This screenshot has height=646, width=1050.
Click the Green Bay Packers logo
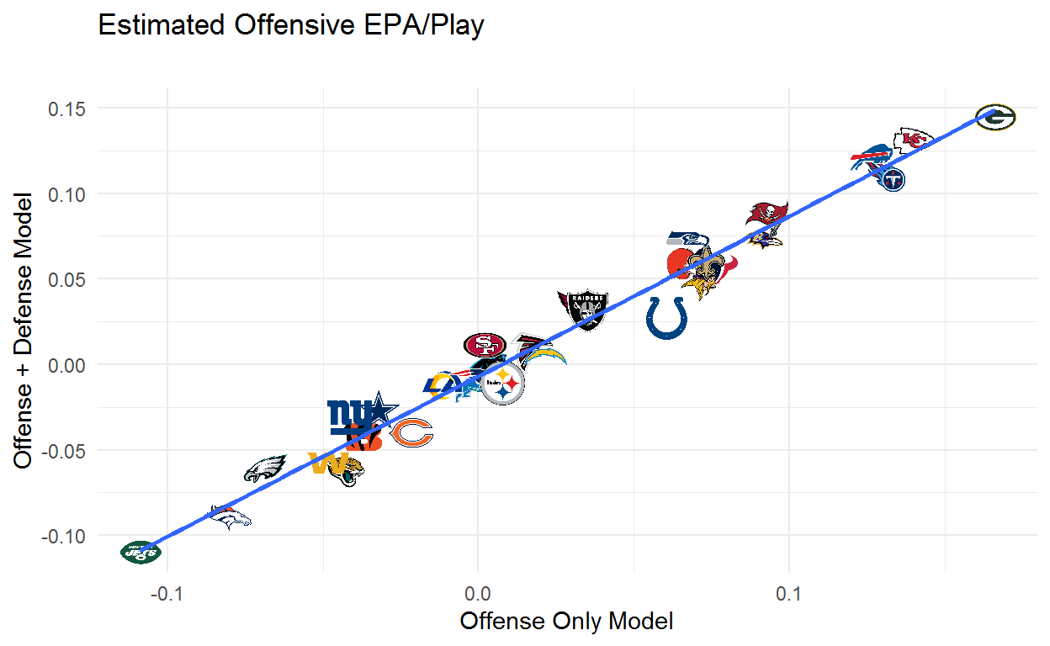995,118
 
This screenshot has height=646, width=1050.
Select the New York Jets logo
141,552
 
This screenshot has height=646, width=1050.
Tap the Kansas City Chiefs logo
912,140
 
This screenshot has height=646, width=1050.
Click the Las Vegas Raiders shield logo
583,308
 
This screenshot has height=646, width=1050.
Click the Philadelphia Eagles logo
265,468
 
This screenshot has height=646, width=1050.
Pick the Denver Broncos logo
230,518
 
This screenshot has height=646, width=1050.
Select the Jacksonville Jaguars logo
346,472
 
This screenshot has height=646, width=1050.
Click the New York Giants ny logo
347,413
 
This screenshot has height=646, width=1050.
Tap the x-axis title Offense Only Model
566,622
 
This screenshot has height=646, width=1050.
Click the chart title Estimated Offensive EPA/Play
291,26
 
